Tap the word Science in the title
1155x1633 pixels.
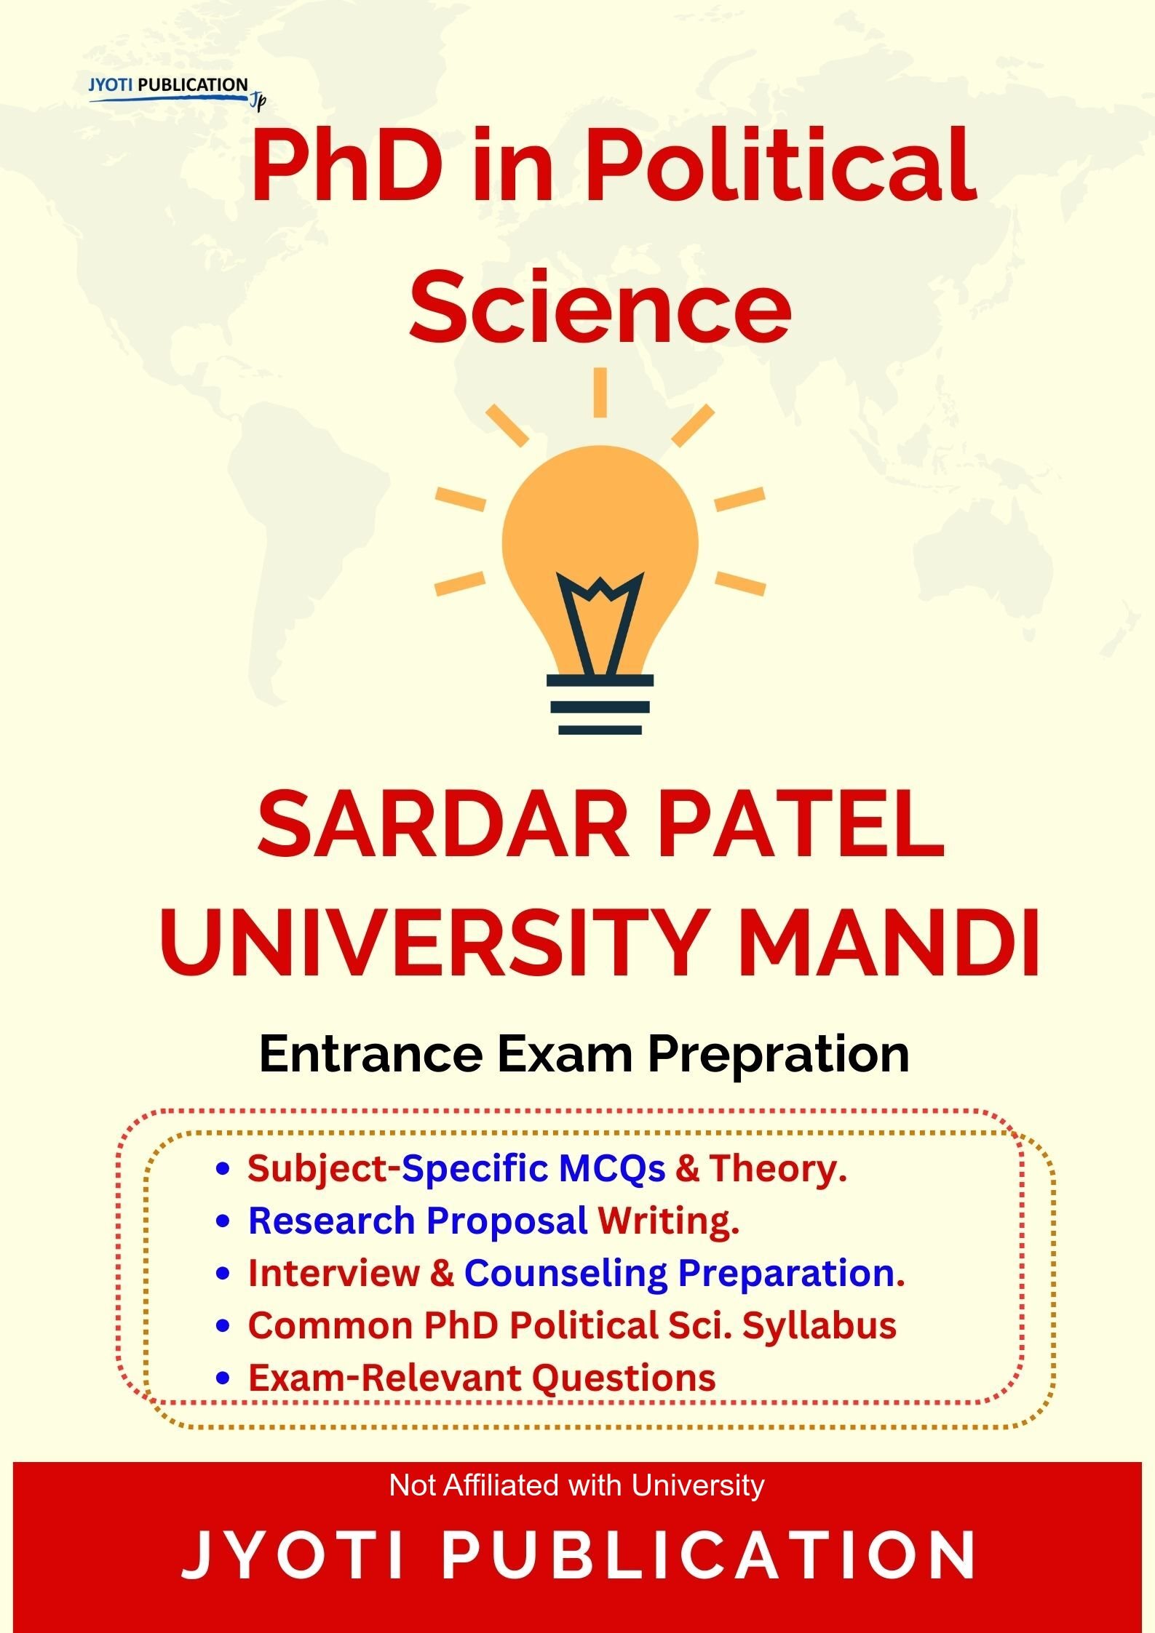(x=600, y=306)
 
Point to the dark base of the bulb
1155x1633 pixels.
(x=600, y=704)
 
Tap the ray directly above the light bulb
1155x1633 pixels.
(x=600, y=392)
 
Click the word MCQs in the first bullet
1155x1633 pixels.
(x=612, y=1169)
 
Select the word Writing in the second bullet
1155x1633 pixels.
(x=668, y=1221)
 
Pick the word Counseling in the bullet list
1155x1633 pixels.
(x=565, y=1274)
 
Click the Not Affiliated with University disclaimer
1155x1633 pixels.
(x=576, y=1485)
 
